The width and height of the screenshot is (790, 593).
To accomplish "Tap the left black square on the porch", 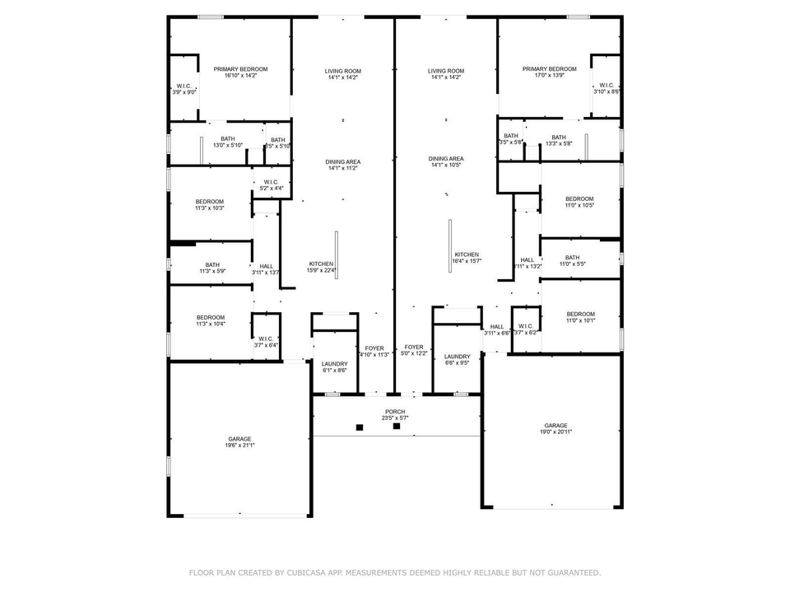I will click(x=360, y=427).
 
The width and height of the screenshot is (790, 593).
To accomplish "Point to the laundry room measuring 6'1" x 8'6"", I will click(x=334, y=367).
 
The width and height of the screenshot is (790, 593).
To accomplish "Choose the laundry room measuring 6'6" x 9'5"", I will click(x=457, y=361).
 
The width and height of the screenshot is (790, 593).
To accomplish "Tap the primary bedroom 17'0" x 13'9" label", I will click(x=549, y=72).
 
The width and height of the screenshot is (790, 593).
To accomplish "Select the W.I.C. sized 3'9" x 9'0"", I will click(x=184, y=89).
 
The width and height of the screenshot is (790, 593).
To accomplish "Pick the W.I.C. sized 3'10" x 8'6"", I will click(x=606, y=88).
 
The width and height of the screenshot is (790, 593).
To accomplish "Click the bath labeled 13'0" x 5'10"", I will click(x=228, y=142).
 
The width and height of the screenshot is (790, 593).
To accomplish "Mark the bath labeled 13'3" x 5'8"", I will click(x=559, y=141).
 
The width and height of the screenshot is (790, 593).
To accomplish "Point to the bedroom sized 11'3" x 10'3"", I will click(x=209, y=204).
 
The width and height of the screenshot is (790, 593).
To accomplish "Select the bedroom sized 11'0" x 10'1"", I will click(x=580, y=317).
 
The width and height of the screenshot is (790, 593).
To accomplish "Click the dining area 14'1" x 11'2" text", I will click(x=343, y=165).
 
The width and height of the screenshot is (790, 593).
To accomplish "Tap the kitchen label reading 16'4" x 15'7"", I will click(x=467, y=258).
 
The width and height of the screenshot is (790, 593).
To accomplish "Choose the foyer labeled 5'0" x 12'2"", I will click(x=413, y=351).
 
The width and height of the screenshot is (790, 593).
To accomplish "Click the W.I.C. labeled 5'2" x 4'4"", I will click(x=272, y=185).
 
